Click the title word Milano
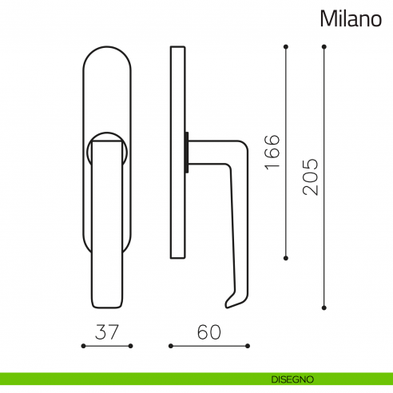coord(351,18)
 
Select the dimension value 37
coord(107,331)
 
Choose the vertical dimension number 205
coord(311,176)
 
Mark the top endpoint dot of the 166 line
coord(287,46)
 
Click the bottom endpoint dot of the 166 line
coord(287,258)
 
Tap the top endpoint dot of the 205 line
coord(324,46)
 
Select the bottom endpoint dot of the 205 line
coord(324,305)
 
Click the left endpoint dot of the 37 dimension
coord(84,346)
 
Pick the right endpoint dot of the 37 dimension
coord(130,346)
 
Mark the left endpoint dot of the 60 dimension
coord(170,346)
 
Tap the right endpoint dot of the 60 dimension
coord(248,346)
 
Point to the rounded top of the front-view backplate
coord(107,56)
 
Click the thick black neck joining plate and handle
coord(188,152)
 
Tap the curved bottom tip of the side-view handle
coord(230,302)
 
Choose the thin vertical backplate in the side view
coord(177,152)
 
